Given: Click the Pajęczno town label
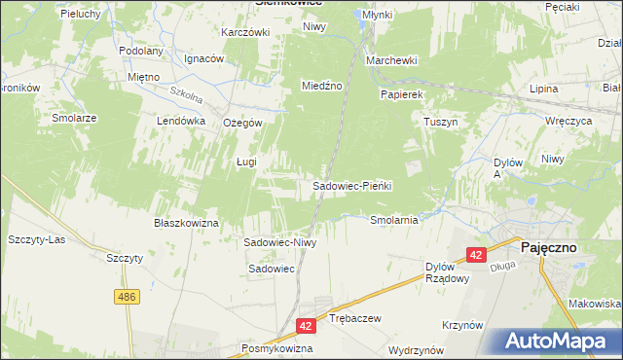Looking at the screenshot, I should [x=548, y=247].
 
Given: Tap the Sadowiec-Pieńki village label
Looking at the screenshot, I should [x=351, y=185].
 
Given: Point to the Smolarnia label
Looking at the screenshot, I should [x=394, y=220].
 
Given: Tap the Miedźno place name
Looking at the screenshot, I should [x=321, y=86].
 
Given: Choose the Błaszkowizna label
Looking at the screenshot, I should [x=186, y=223].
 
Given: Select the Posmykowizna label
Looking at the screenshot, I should [x=277, y=347].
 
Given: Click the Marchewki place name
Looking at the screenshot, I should [x=391, y=60].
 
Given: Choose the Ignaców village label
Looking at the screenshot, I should [x=203, y=58].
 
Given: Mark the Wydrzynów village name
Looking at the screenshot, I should [x=416, y=348].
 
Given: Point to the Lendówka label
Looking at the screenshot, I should [x=181, y=121].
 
